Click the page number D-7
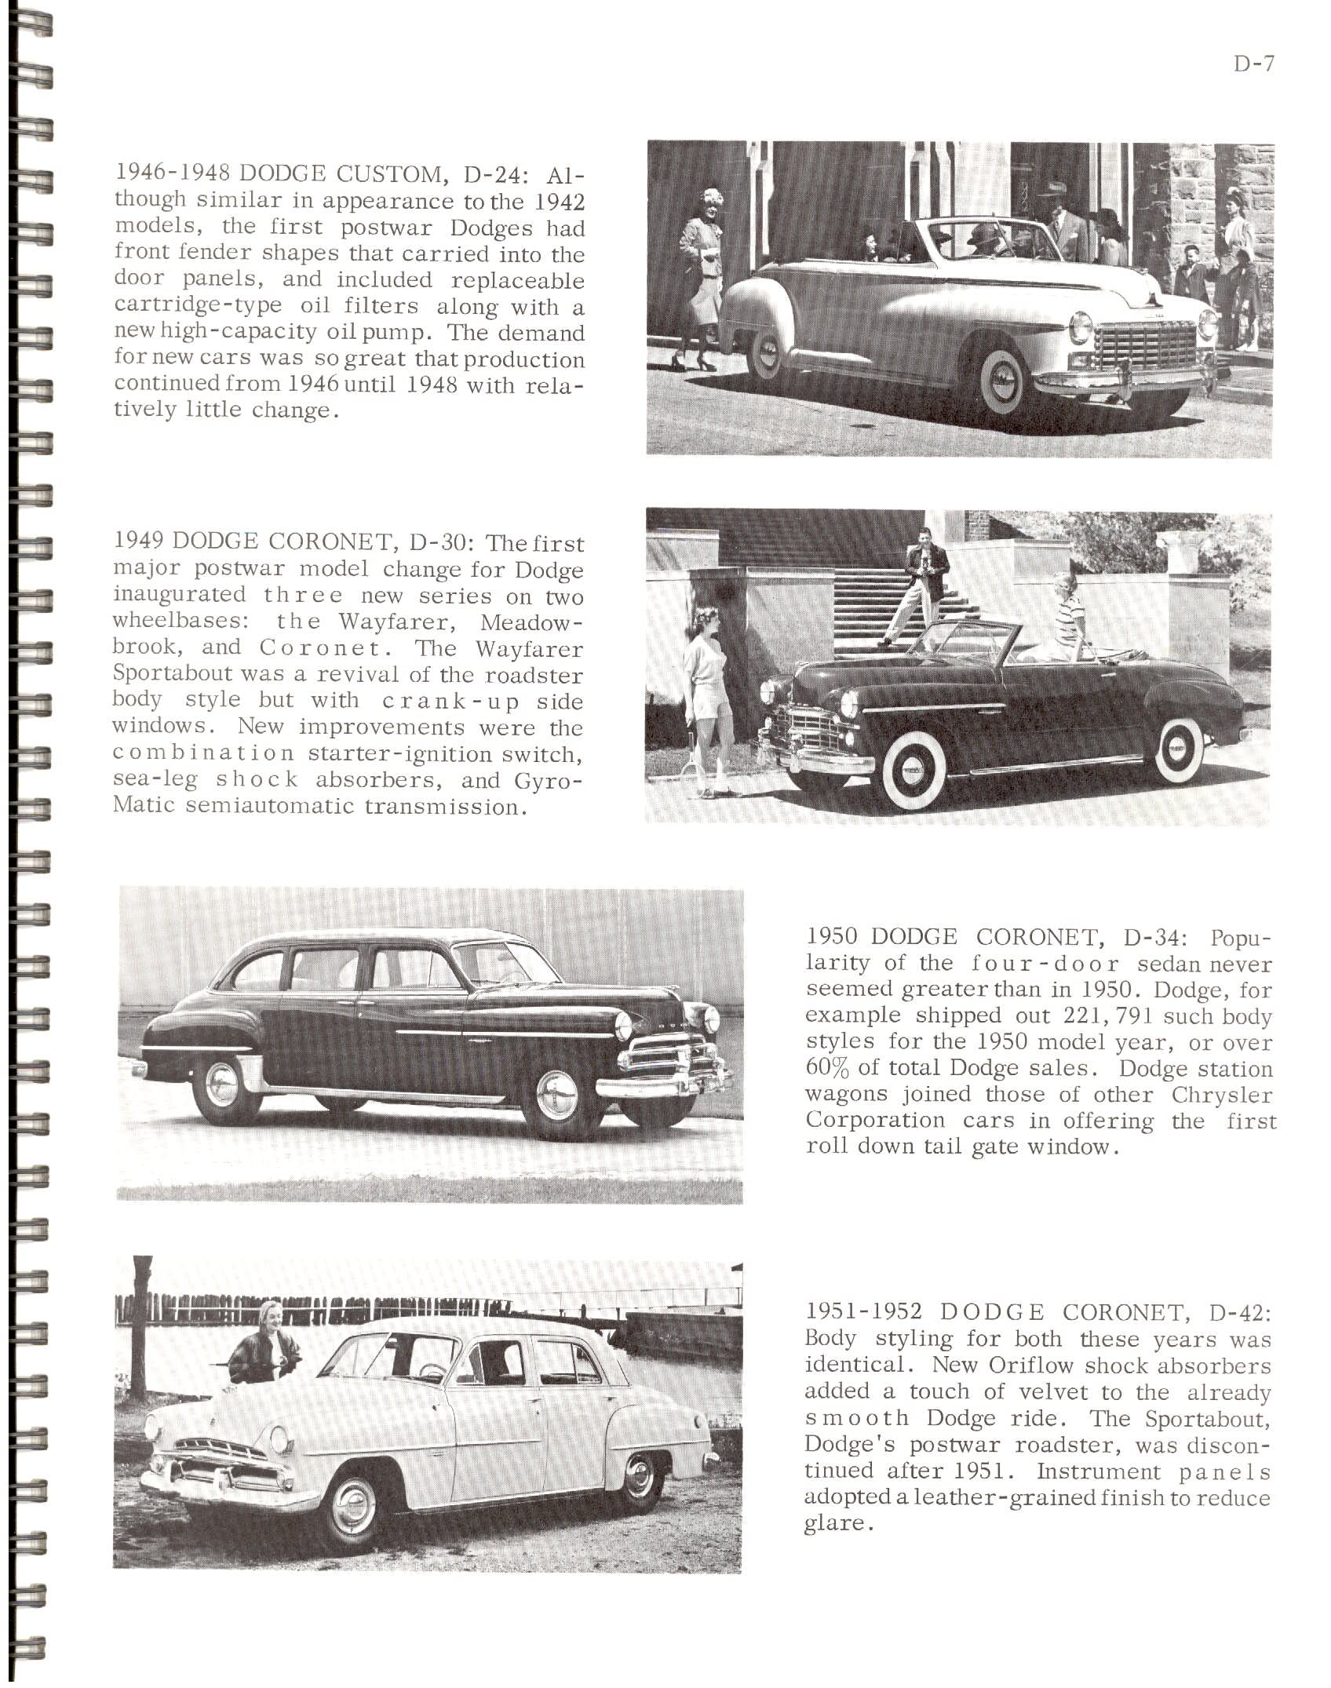(x=1253, y=64)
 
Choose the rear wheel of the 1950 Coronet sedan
(x=224, y=1087)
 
